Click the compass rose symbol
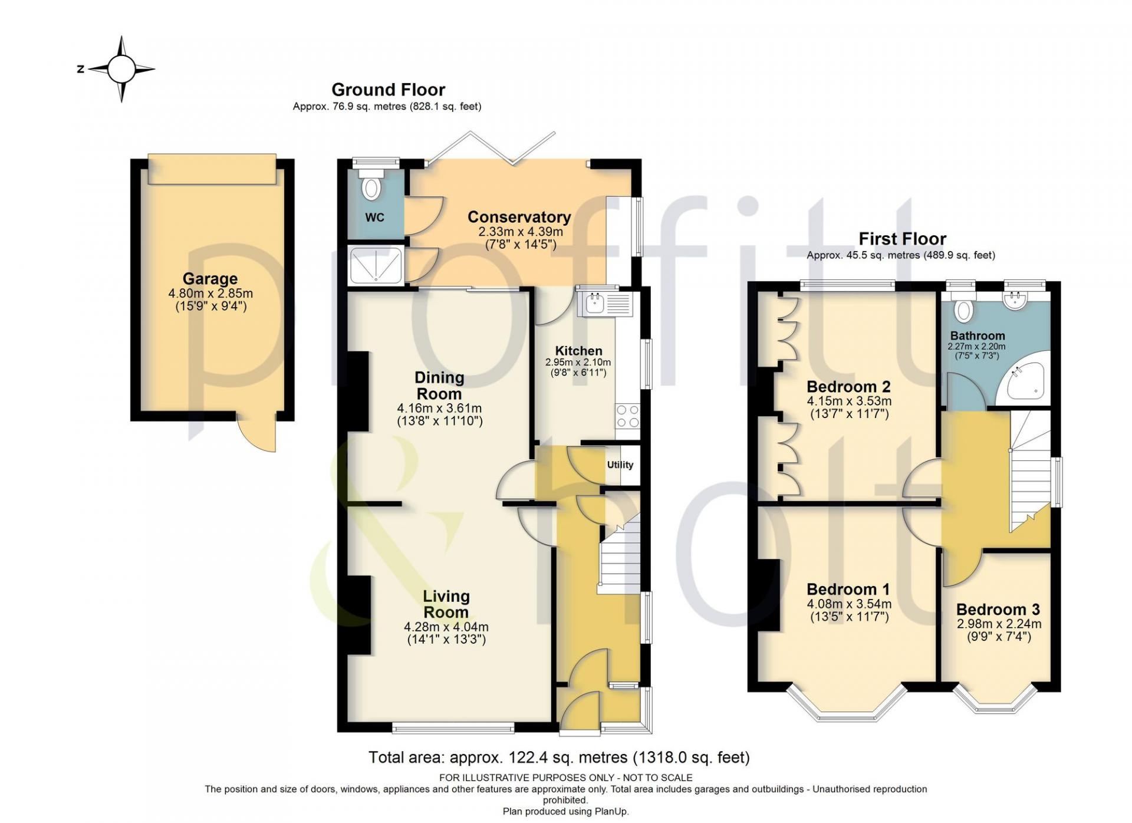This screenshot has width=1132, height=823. tap(122, 69)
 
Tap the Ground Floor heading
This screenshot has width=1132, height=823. tap(388, 90)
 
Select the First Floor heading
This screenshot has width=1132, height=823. tap(902, 239)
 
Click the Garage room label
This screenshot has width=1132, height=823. tap(210, 278)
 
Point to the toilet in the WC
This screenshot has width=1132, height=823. tap(371, 185)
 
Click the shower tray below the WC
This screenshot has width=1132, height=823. tap(376, 265)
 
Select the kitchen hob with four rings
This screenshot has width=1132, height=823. tap(627, 416)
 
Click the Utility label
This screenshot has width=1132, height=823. tap(620, 465)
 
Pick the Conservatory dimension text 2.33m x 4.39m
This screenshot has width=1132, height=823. tap(521, 232)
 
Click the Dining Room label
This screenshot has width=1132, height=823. tap(439, 386)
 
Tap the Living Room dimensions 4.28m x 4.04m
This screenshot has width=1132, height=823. tap(446, 627)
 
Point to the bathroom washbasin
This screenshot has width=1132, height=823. tap(1015, 300)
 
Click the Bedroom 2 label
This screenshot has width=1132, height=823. tap(848, 387)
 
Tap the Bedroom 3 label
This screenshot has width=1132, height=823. tap(998, 609)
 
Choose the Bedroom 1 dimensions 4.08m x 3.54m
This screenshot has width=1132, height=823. tap(849, 604)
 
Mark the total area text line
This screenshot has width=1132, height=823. tap(559, 757)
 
